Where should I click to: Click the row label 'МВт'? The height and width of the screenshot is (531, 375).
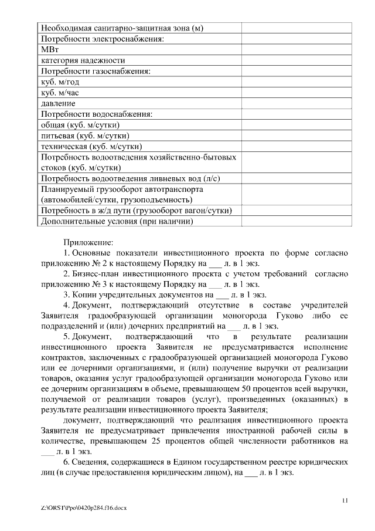(x=50, y=49)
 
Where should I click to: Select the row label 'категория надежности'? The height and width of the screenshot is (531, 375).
(x=83, y=60)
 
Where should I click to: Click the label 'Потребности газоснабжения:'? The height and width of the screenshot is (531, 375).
(x=96, y=71)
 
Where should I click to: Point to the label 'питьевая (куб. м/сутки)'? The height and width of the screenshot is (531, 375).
(x=85, y=136)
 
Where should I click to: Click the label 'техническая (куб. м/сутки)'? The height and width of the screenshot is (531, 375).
(x=92, y=147)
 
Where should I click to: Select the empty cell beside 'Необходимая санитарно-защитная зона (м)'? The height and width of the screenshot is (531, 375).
(x=296, y=28)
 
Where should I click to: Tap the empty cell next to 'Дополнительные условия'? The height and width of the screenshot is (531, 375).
(x=296, y=221)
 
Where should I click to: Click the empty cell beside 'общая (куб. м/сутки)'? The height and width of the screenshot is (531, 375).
(x=296, y=125)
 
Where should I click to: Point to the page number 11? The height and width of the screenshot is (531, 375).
(x=345, y=499)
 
